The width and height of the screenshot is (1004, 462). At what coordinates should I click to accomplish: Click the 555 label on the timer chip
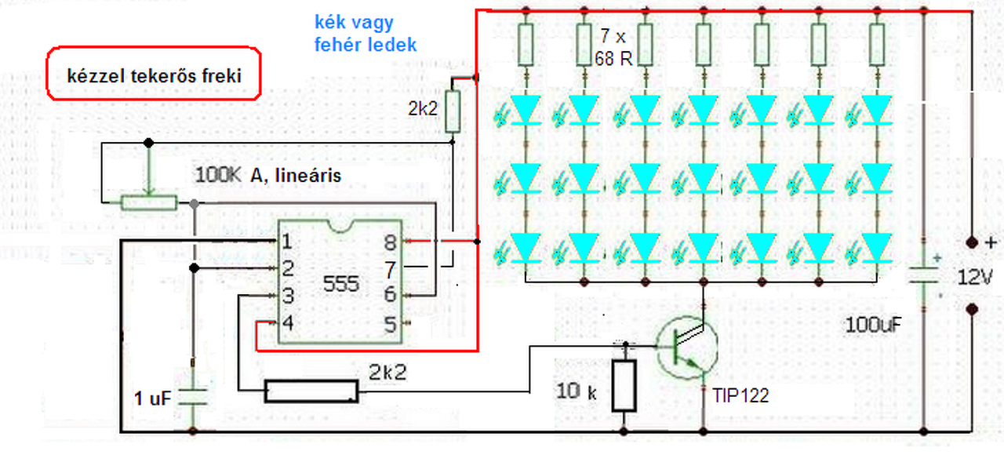pos(340,284)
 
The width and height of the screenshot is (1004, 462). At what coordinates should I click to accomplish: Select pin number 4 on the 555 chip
pos(287,322)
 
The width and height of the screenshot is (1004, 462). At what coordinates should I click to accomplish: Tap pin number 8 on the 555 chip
pos(391,243)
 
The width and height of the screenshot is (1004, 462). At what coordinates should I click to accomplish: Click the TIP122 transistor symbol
pos(686,347)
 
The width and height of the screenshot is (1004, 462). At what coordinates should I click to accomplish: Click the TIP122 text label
pos(740,395)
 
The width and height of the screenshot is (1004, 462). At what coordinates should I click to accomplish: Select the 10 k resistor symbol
pos(624,385)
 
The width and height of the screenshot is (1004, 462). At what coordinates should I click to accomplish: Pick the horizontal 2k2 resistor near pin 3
pos(311,391)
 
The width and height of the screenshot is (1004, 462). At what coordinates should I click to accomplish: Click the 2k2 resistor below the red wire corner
pos(453,111)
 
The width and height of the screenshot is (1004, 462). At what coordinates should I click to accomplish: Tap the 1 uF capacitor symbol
pos(193,397)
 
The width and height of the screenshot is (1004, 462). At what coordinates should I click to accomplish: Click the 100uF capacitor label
pos(873,325)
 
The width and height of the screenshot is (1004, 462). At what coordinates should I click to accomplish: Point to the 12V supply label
pos(974,278)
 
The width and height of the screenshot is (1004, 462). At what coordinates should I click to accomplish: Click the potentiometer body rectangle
pos(149,203)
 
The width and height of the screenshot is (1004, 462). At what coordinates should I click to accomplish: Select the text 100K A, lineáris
pos(268,175)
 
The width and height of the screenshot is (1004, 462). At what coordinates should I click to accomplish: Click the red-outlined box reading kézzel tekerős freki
pos(154,73)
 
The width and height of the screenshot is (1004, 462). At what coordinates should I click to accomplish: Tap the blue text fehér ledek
pos(366,45)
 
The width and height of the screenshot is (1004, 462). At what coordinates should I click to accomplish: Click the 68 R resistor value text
pos(613,59)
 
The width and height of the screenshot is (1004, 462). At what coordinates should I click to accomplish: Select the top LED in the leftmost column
pos(526,109)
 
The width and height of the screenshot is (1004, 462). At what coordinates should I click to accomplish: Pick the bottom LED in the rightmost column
pos(877,247)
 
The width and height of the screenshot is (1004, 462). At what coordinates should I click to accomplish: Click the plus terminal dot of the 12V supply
pos(971,242)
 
